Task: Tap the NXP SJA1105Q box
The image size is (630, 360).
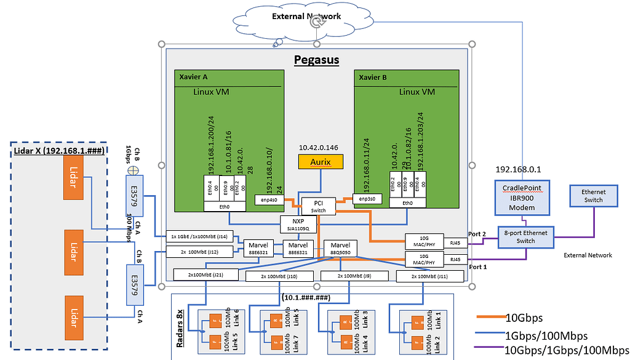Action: click(298, 225)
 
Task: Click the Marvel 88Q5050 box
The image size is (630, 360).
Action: click(340, 247)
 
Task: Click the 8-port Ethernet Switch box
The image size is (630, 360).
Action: click(526, 237)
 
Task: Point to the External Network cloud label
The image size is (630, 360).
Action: click(306, 16)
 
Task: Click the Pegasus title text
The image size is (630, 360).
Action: click(316, 60)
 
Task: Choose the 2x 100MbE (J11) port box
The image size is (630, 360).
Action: click(425, 278)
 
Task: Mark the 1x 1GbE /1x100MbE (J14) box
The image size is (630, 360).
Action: click(200, 236)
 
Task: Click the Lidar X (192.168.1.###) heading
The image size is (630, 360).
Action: click(58, 150)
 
